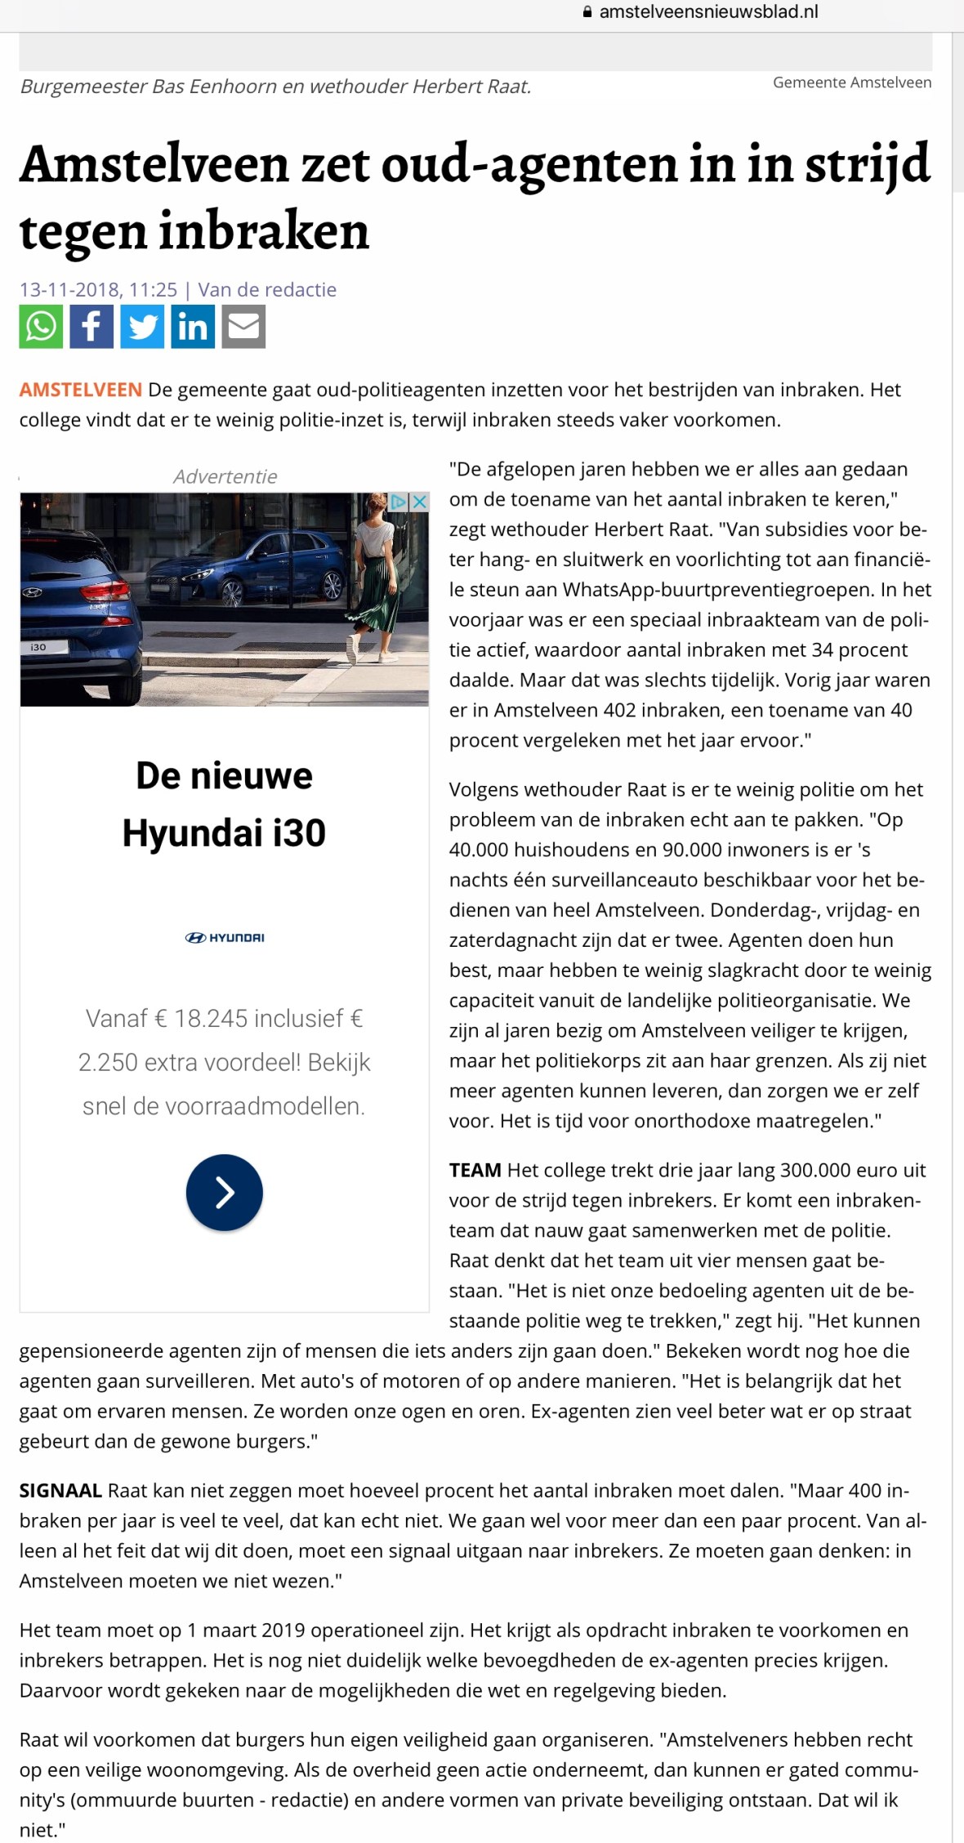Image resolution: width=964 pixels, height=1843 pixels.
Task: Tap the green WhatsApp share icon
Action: (x=41, y=327)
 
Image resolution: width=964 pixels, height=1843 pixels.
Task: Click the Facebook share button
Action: (x=91, y=327)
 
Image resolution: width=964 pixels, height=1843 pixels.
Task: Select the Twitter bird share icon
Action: (x=142, y=327)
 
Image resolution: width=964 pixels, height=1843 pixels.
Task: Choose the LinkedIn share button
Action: (x=193, y=327)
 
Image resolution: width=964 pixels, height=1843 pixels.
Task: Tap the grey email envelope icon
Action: (x=243, y=327)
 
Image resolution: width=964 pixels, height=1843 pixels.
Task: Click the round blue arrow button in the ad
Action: (x=225, y=1193)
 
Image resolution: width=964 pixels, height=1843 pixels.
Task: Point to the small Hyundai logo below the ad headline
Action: (x=225, y=938)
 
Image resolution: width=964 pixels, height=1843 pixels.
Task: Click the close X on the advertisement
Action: (x=419, y=502)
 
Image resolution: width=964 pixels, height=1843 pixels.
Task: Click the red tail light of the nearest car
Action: (x=106, y=590)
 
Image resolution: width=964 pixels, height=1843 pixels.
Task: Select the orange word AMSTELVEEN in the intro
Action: (x=81, y=390)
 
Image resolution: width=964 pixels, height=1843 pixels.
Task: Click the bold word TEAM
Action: (x=475, y=1170)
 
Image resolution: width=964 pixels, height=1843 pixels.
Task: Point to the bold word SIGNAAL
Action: (x=60, y=1490)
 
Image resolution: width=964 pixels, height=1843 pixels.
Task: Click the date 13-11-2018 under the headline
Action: (x=71, y=289)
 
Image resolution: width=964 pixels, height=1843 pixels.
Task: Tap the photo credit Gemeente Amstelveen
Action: (x=852, y=83)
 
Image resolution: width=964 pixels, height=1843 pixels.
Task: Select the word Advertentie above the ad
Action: (x=225, y=476)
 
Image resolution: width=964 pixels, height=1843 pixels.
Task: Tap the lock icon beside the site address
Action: (x=587, y=12)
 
